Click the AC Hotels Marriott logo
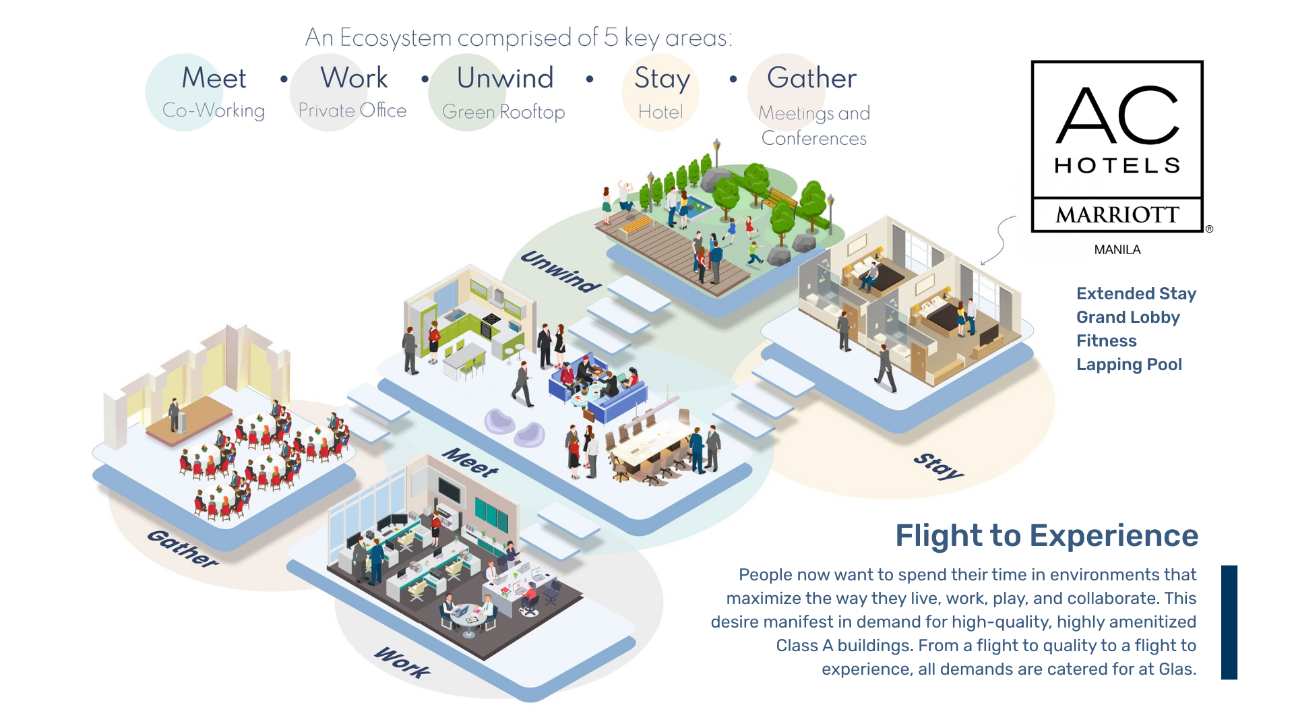pos(1117,146)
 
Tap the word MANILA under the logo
pos(1117,249)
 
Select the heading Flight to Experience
pos(1046,536)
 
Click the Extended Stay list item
pos(1136,294)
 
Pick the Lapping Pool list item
pos(1129,365)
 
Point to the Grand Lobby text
pos(1128,317)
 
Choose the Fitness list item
pos(1106,341)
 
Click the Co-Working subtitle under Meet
pos(213,111)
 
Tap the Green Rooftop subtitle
pos(503,112)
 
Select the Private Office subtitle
pos(352,111)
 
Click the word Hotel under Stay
pos(660,112)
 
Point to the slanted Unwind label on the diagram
pos(561,272)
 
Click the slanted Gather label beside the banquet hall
pos(183,548)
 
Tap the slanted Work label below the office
pos(402,662)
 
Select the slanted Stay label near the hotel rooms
pos(938,466)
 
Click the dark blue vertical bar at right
pos(1229,622)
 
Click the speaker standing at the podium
pos(175,414)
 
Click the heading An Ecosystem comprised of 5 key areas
pos(518,38)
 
